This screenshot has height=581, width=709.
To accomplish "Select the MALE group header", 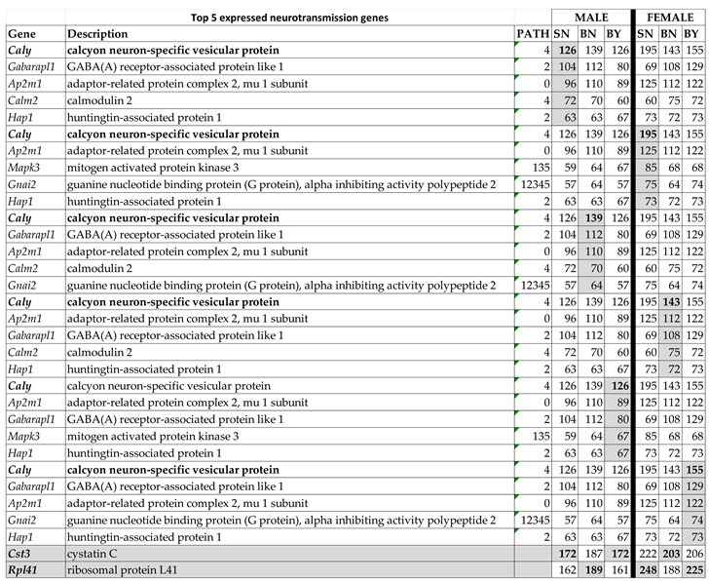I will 591,17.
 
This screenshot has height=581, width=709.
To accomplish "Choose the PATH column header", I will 532,33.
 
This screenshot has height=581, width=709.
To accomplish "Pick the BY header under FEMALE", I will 693,33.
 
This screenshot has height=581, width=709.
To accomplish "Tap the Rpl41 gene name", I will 23,570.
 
